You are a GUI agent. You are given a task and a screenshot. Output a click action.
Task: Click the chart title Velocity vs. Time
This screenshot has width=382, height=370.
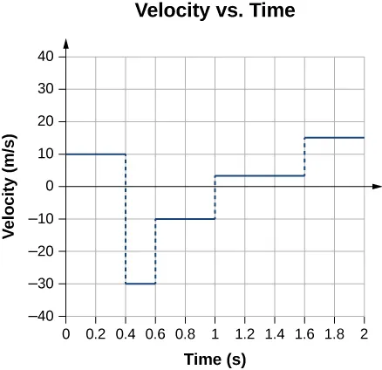tap(215, 12)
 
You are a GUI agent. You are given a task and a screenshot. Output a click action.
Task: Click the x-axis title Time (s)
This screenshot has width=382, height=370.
tap(215, 358)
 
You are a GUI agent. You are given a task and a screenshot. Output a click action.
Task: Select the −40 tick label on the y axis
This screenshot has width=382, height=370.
tap(44, 316)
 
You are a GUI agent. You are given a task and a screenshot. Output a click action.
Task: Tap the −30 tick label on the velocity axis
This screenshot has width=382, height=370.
tap(44, 284)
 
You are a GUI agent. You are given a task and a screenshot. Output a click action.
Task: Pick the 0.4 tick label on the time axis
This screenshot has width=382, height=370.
tap(126, 332)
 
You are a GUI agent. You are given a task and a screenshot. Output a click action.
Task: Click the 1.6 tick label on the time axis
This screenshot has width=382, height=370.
tap(304, 332)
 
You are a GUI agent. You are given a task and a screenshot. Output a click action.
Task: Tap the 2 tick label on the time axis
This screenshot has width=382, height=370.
tap(364, 332)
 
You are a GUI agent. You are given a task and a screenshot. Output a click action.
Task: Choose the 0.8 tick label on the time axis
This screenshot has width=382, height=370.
tap(185, 332)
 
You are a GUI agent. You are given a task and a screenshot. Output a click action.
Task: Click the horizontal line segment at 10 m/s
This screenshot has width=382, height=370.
tap(96, 154)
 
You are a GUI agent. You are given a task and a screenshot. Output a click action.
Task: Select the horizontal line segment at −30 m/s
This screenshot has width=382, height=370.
tap(140, 284)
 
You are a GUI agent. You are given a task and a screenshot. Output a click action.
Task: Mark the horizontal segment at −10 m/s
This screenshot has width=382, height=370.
tap(185, 218)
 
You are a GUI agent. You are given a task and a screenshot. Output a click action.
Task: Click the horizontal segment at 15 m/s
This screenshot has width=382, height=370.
tap(334, 138)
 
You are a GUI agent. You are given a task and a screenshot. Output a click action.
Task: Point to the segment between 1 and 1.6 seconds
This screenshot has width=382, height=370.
tap(260, 176)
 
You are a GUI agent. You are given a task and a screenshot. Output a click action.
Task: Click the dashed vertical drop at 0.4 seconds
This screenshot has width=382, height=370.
tap(126, 218)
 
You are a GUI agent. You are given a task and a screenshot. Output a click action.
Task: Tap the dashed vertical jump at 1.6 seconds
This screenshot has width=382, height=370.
tap(304, 157)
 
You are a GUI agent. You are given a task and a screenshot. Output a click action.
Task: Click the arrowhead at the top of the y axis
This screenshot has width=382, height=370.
tap(66, 42)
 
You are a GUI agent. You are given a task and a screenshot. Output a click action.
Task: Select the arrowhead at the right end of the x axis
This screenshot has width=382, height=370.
tap(377, 187)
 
